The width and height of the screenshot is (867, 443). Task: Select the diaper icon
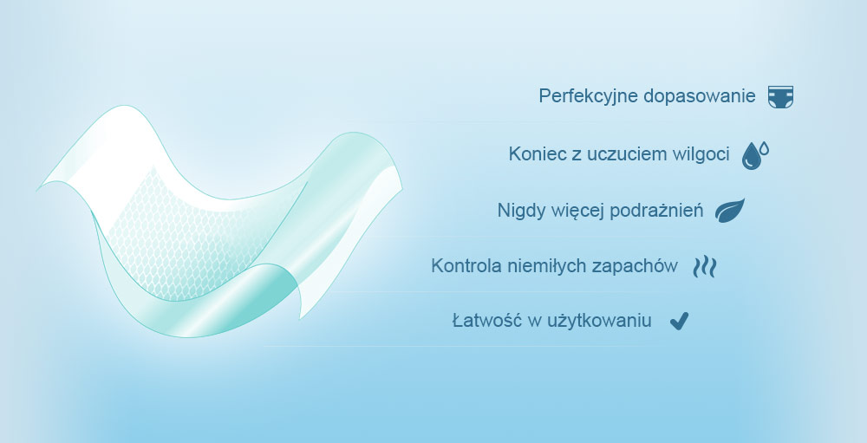coord(781,97)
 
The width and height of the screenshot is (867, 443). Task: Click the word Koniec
coord(536,153)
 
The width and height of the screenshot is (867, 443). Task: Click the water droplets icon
coord(755,155)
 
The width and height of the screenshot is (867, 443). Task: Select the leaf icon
coord(730,211)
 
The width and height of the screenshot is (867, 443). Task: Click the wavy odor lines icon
coord(705,266)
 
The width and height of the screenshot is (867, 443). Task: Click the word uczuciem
coord(627,154)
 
